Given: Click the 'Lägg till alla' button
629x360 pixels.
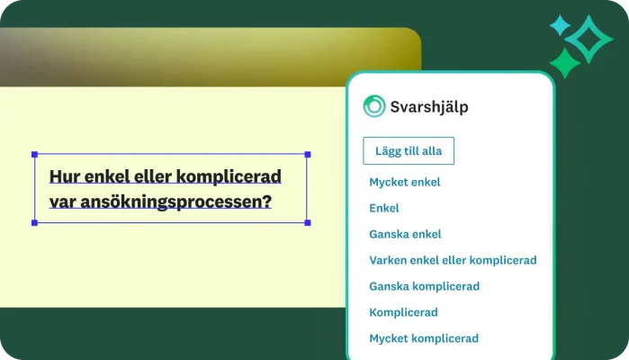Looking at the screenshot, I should tap(409, 151).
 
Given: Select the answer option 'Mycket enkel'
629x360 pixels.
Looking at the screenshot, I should tap(404, 182).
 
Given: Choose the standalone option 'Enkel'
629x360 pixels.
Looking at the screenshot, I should tap(384, 208).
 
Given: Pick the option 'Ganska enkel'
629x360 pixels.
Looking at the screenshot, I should tap(405, 234).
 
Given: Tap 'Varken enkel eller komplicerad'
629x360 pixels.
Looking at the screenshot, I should tap(453, 260).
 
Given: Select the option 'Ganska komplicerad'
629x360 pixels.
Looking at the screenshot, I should tap(424, 286).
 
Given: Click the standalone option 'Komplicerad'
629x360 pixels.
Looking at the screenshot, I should tap(403, 312).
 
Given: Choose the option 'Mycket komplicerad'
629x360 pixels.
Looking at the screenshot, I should tap(423, 338).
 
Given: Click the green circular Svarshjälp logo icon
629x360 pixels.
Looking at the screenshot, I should tap(373, 106).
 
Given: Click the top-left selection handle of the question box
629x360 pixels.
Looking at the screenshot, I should tap(35, 155).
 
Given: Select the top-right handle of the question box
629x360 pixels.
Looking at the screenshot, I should tap(308, 155).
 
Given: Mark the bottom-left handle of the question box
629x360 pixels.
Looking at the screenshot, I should tap(35, 222).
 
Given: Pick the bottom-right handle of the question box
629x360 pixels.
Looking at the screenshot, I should tap(308, 222).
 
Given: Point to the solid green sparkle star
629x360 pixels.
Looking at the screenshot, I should tap(564, 62).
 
